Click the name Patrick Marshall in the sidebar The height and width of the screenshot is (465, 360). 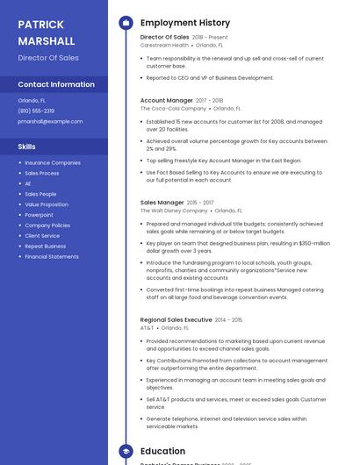point(47,32)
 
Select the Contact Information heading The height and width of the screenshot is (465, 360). point(56,84)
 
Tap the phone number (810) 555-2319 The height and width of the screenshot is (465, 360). point(36,111)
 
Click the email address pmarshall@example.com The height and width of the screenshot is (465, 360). point(50,121)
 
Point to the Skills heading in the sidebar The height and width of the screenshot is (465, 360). point(27,147)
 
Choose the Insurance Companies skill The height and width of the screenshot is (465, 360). point(53,162)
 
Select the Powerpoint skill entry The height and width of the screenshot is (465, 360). point(39,215)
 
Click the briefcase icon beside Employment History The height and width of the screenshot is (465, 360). point(126,23)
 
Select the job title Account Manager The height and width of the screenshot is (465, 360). point(166,101)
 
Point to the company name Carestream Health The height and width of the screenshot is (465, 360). point(164,45)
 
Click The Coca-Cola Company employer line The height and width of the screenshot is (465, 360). point(174,109)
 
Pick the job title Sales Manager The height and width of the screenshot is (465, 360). point(162,203)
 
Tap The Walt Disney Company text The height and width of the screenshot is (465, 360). point(174,211)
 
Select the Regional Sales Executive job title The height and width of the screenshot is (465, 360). point(176,320)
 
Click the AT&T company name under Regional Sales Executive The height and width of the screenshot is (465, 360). point(147,328)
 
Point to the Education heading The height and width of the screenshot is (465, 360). point(162,451)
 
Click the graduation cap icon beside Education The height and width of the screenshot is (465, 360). point(126,451)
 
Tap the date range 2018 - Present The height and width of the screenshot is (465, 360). point(210,38)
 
